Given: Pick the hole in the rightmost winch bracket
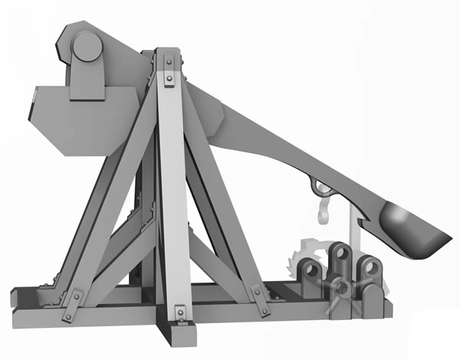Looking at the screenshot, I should pyautogui.click(x=373, y=267).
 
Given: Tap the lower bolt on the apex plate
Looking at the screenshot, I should pyautogui.click(x=168, y=77).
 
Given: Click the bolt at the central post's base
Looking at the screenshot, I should pyautogui.click(x=178, y=311).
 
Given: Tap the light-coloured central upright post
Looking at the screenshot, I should pyautogui.click(x=173, y=191).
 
